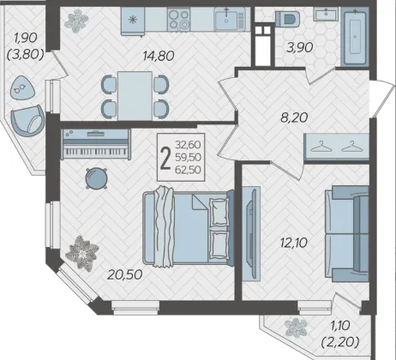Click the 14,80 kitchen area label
159,56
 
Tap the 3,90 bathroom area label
300,47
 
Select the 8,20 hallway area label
294,117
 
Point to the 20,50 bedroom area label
125,274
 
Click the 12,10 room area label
294,243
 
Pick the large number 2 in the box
165,158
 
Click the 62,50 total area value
188,170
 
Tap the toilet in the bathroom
288,19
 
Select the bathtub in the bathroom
355,37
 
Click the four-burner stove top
179,19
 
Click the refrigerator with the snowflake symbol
133,21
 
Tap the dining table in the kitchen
135,96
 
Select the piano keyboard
96,144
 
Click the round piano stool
97,178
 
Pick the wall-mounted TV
251,234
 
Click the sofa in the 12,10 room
347,234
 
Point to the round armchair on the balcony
27,120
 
